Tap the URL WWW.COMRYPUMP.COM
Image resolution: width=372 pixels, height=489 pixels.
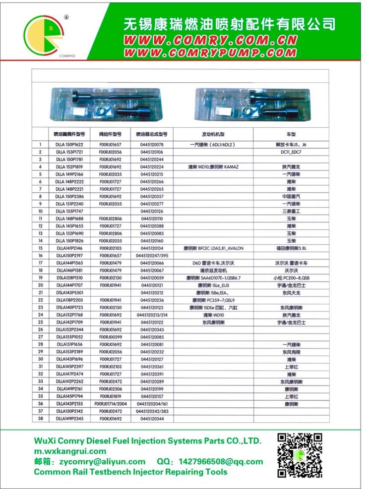coord(211,52)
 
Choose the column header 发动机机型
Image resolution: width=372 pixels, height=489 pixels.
coord(213,134)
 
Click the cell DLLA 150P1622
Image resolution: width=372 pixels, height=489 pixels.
coord(69,144)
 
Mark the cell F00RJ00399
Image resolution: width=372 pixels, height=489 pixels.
coord(110,336)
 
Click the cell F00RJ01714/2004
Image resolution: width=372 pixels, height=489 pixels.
coord(110,403)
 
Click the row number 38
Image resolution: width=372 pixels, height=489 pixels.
coord(40,418)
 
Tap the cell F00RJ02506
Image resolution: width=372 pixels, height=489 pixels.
coord(110,388)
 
